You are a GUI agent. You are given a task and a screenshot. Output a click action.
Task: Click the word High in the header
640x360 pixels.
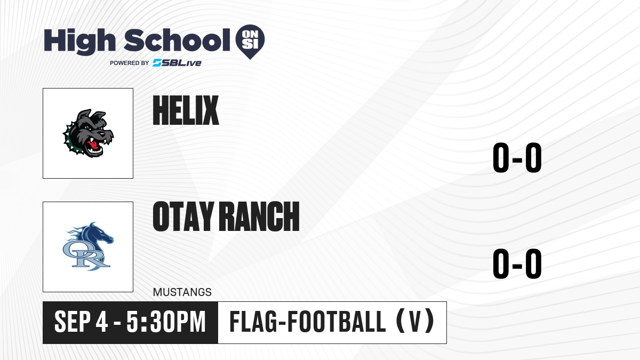pos(79,41)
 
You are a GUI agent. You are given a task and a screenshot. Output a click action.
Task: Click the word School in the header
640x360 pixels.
pos(177,40)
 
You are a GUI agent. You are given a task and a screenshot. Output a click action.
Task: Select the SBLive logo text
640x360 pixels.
pos(177,63)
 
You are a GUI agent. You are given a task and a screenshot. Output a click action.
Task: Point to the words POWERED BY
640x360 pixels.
pos(130,63)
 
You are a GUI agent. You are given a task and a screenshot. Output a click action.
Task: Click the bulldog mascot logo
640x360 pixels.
pos(88,133)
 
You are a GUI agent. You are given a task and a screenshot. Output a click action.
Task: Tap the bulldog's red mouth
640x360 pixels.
pos(93,145)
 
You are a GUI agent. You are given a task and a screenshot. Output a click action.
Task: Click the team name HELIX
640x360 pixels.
pos(186,110)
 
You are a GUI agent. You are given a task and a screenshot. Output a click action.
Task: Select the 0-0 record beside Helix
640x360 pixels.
pos(517,157)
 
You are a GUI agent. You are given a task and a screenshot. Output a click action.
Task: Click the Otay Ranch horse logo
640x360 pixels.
pos(88,246)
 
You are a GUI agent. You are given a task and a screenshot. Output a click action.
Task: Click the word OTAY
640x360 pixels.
pos(183,216)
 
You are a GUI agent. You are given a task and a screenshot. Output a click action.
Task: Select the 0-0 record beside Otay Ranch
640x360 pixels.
pos(517,263)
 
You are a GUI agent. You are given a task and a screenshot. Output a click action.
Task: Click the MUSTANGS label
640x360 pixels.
pos(182,292)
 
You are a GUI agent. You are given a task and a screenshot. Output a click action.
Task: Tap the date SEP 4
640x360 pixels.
pos(81,322)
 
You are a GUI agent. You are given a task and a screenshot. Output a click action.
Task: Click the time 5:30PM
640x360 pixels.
pos(166,322)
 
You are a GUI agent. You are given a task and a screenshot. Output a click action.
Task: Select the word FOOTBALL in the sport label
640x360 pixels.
pos(337,322)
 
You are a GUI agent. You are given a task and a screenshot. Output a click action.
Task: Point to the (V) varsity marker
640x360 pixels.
pos(415,322)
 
